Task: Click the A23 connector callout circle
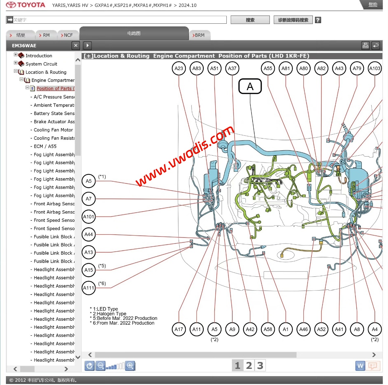click(x=179, y=68)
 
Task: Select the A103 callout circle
click(x=375, y=68)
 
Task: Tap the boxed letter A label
click(x=250, y=86)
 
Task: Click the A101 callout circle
click(x=89, y=217)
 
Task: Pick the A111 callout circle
click(x=89, y=288)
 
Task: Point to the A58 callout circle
click(x=268, y=329)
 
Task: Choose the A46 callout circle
click(x=303, y=329)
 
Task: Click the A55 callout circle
click(x=268, y=68)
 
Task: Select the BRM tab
click(x=199, y=35)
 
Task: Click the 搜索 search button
click(x=250, y=20)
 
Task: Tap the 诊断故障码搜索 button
click(x=293, y=20)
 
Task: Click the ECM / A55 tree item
click(x=45, y=146)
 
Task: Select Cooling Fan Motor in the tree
click(x=53, y=130)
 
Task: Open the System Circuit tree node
click(x=41, y=64)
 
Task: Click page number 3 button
click(x=260, y=366)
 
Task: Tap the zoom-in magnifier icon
click(x=130, y=366)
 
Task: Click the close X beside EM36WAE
click(x=76, y=45)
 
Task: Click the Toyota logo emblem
click(x=11, y=5)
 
